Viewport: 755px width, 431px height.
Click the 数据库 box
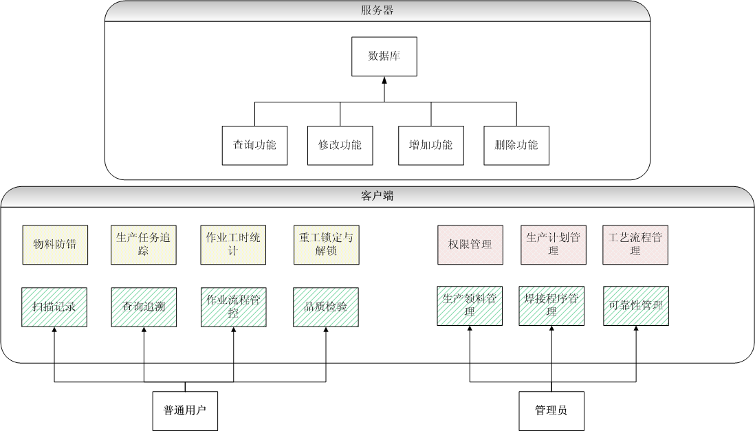click(x=384, y=56)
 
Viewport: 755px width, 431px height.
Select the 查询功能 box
click(x=254, y=145)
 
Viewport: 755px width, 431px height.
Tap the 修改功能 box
click(x=340, y=145)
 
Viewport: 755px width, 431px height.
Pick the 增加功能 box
click(x=431, y=145)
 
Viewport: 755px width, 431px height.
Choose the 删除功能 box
click(x=516, y=145)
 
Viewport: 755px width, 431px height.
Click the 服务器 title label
click(x=377, y=10)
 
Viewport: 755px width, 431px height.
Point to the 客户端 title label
click(x=377, y=196)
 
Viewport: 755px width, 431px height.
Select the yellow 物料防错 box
click(x=54, y=245)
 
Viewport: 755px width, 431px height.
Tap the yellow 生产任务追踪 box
click(x=143, y=245)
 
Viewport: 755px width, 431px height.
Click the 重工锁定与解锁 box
click(x=325, y=245)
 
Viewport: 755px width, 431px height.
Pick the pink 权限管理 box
click(x=470, y=245)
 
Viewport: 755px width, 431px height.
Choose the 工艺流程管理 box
click(x=635, y=245)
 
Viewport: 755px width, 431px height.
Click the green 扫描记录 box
click(x=54, y=307)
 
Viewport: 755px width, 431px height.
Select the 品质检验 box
click(x=325, y=307)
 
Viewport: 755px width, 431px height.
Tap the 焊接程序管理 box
click(x=551, y=306)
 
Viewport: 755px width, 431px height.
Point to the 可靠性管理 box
click(x=636, y=306)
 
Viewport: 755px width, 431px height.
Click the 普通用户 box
click(x=185, y=411)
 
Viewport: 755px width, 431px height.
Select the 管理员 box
click(x=551, y=411)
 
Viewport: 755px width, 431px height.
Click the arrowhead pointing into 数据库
click(x=384, y=80)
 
